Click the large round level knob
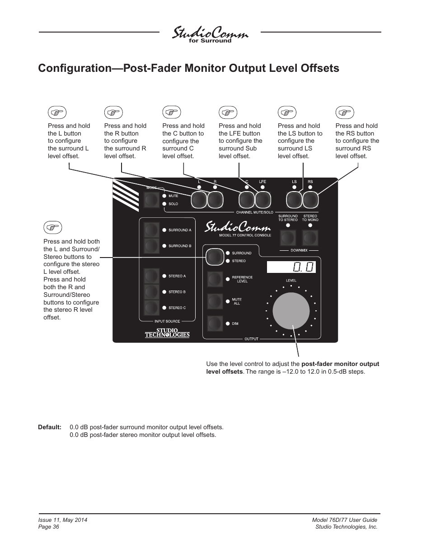[x=291, y=311]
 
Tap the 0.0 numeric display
[x=291, y=267]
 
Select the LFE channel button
[x=263, y=199]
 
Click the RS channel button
[x=310, y=199]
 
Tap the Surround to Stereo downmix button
[x=288, y=237]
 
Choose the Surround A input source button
[x=151, y=230]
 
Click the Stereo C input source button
[x=151, y=308]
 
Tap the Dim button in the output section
[x=215, y=324]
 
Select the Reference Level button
[x=215, y=279]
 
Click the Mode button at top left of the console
[x=152, y=199]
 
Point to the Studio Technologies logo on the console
[x=167, y=333]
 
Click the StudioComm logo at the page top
[x=210, y=34]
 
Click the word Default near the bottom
[x=50, y=427]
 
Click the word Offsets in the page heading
[x=319, y=68]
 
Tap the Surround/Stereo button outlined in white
[x=215, y=257]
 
